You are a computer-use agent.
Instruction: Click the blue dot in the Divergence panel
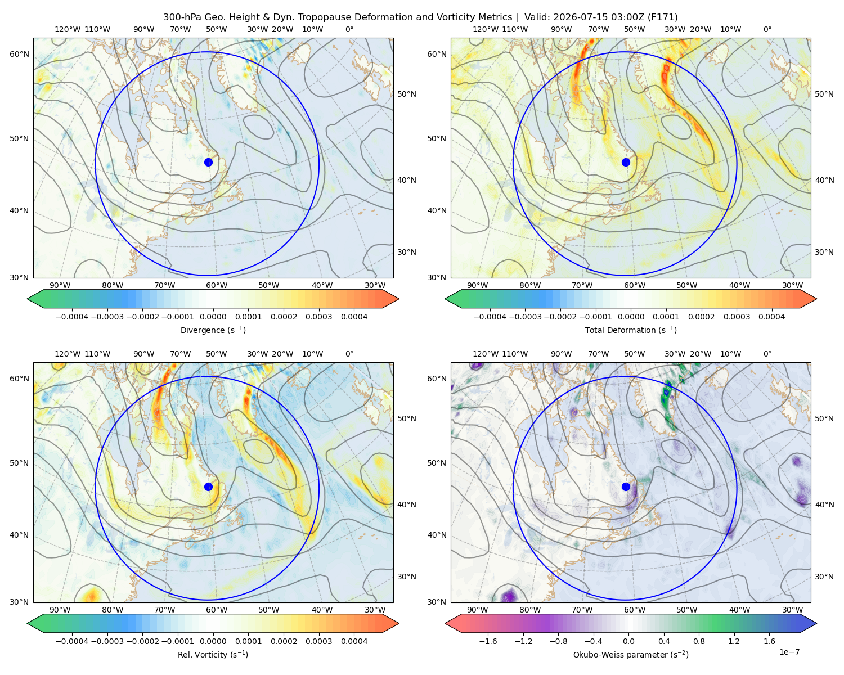coord(208,162)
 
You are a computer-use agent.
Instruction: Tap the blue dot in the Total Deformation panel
coord(626,162)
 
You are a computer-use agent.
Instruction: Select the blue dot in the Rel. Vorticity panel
coord(208,487)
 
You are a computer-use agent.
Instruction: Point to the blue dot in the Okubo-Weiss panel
coord(626,487)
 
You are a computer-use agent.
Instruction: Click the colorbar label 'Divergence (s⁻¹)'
coord(213,330)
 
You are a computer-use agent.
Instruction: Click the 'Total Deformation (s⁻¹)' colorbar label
coord(631,330)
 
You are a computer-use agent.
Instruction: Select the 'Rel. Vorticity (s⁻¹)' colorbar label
coord(213,654)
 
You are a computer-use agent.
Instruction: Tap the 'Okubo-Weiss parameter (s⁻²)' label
coord(631,654)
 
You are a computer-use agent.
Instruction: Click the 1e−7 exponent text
coord(789,652)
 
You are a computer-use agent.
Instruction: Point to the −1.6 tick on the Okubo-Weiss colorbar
coord(488,641)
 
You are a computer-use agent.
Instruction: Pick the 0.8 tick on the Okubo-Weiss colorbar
coord(699,641)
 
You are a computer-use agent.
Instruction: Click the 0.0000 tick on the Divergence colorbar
coord(213,317)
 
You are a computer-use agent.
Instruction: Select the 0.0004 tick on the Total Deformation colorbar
coord(771,317)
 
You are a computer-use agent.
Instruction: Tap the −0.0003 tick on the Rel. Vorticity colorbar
coord(107,641)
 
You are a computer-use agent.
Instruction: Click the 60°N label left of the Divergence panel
coord(19,54)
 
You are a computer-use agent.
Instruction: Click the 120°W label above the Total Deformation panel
coord(486,29)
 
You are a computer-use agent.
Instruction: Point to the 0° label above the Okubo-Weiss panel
coord(767,353)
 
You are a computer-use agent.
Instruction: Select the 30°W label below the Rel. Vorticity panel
coord(375,610)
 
